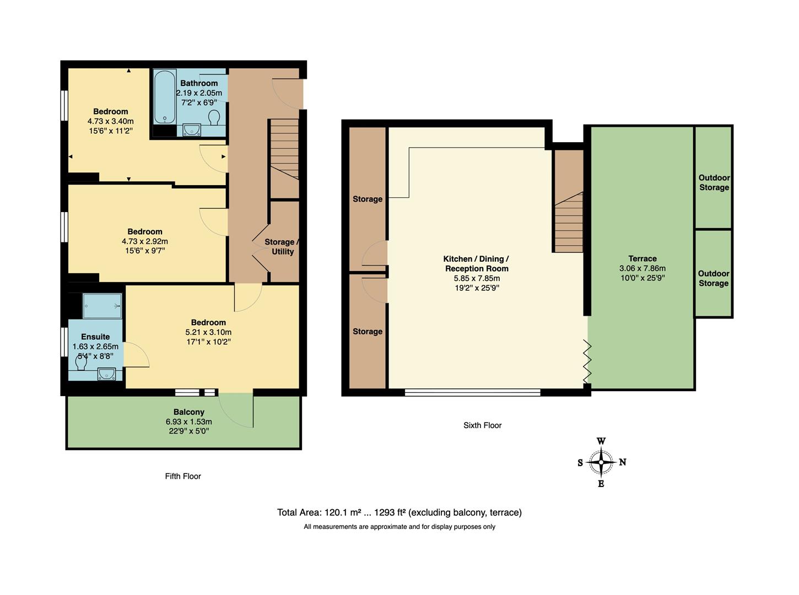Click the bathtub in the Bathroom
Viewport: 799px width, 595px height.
point(164,96)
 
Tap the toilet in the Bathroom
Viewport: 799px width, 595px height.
point(214,117)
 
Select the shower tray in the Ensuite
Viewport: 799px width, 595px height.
point(102,306)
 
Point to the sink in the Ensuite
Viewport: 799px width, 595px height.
point(106,375)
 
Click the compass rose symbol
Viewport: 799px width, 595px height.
point(601,462)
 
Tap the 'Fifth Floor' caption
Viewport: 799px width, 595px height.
point(183,476)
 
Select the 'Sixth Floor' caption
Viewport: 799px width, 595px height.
point(482,425)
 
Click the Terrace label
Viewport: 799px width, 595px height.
point(642,258)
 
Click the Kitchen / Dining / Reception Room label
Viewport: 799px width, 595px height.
point(477,264)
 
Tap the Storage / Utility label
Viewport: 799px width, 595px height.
point(282,247)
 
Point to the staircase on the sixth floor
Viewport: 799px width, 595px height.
point(569,223)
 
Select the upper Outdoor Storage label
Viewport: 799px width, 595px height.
point(714,182)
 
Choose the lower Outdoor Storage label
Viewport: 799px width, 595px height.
point(713,278)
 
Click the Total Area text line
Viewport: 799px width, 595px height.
point(399,512)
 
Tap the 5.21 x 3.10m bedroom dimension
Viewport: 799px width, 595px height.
point(208,332)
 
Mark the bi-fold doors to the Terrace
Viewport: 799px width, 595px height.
point(587,362)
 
